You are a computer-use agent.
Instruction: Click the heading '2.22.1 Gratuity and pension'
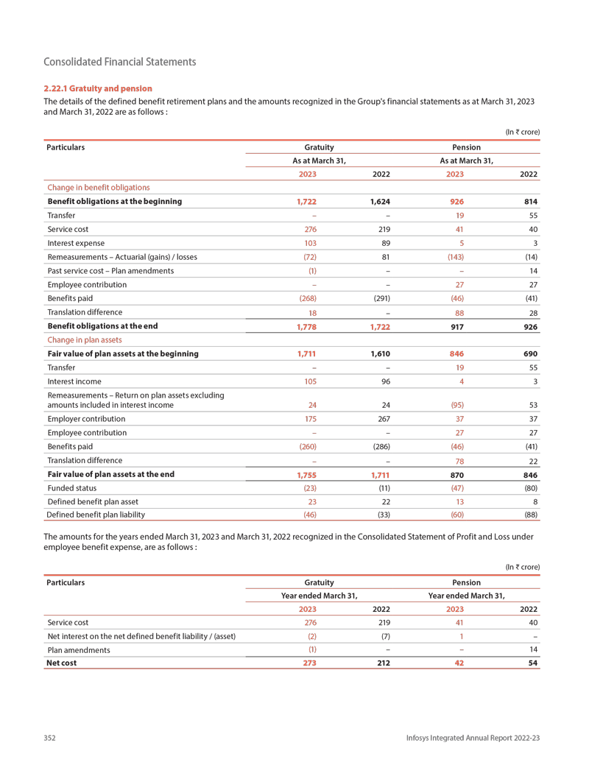pyautogui.click(x=98, y=88)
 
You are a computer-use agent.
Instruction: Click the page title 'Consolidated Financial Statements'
pyautogui.click(x=120, y=62)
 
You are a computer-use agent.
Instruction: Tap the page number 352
pyautogui.click(x=50, y=738)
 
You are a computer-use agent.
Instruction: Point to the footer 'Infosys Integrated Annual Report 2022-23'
pyautogui.click(x=473, y=738)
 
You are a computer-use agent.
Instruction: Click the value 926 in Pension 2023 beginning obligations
pyautogui.click(x=456, y=201)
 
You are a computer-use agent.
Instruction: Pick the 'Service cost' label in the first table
pyautogui.click(x=65, y=229)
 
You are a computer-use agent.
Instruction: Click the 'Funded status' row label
pyautogui.click(x=71, y=487)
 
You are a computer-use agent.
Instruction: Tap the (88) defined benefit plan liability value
pyautogui.click(x=531, y=515)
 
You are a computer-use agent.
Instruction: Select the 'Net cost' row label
pyautogui.click(x=62, y=663)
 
